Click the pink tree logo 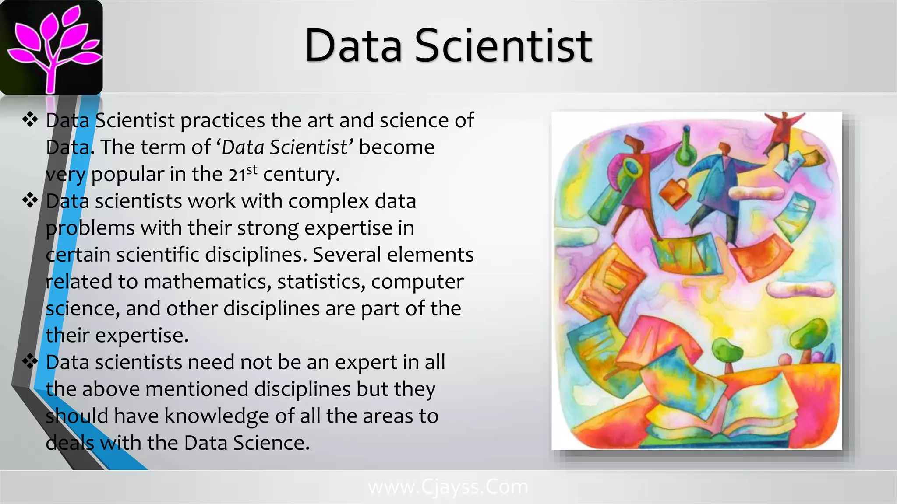(x=52, y=47)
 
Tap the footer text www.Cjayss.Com (x=448, y=487)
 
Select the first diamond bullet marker (x=30, y=119)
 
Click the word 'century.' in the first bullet (x=301, y=174)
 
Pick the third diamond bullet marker (x=30, y=361)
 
